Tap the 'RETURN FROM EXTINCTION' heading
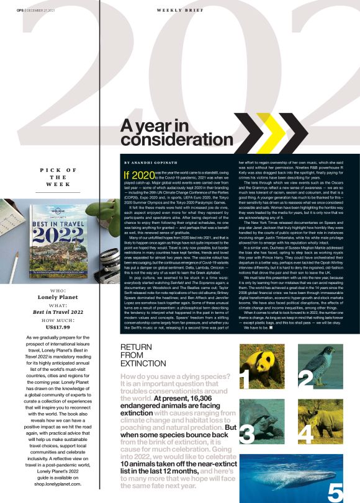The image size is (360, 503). (140, 356)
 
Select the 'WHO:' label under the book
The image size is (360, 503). (56, 290)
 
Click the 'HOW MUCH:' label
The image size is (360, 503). (56, 319)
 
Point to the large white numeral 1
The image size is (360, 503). (245, 378)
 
